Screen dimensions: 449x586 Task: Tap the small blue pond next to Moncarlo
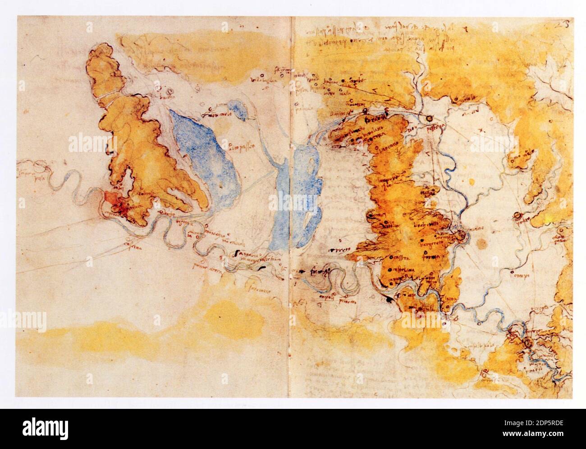pos(238,110)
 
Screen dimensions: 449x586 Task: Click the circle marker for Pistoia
pos(429,119)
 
